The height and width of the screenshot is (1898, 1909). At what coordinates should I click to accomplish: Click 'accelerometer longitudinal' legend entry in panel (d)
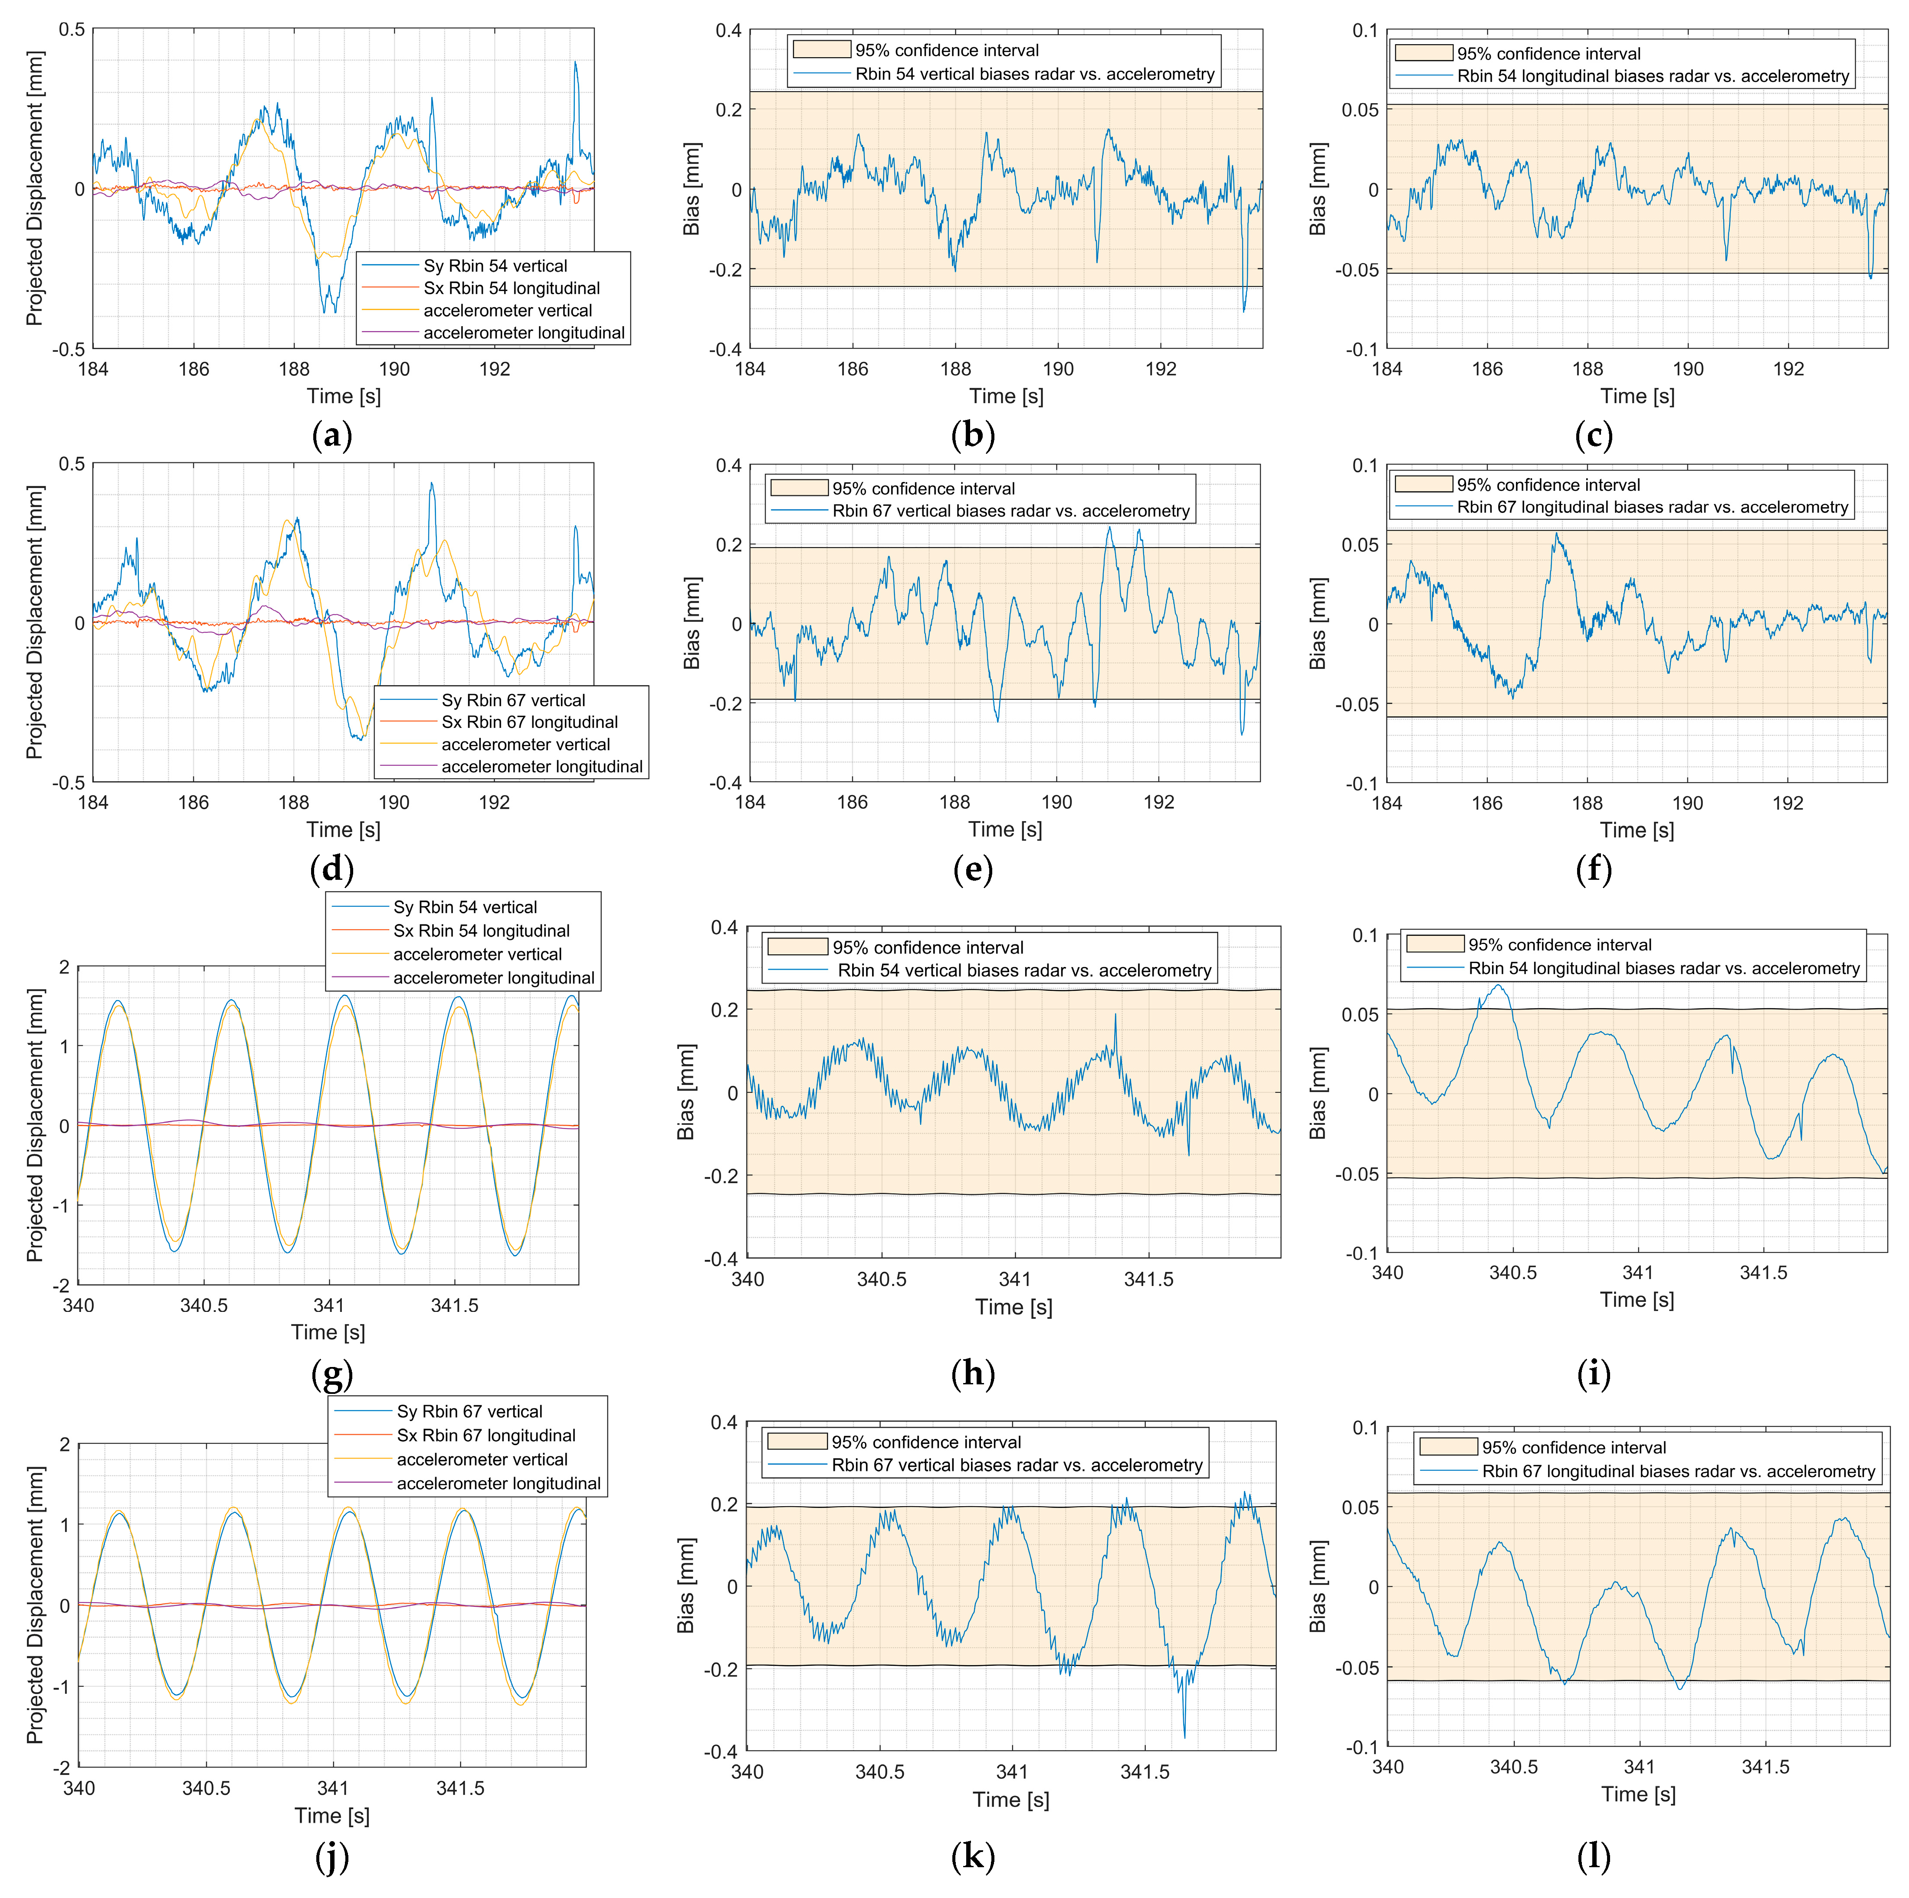pos(541,767)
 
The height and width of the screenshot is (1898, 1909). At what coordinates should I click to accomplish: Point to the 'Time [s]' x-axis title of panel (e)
pos(1005,830)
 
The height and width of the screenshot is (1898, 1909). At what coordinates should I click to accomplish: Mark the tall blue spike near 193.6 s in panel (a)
pos(575,64)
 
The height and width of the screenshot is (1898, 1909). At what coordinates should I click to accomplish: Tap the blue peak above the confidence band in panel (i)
pos(1499,986)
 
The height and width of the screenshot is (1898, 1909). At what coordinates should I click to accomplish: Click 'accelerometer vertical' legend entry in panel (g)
pos(477,954)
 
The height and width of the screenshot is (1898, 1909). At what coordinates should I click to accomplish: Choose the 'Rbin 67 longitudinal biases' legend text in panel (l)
pos(1678,1471)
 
